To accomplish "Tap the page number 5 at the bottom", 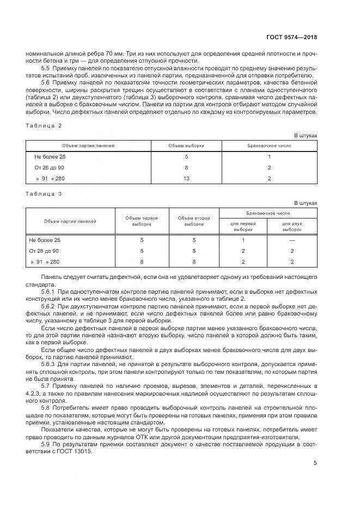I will pyautogui.click(x=315, y=463).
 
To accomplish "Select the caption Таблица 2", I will pyautogui.click(x=45, y=125).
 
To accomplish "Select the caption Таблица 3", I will pyautogui.click(x=45, y=193).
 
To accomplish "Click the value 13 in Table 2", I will pyautogui.click(x=186, y=178).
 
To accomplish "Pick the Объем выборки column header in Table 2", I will pyautogui.click(x=186, y=146).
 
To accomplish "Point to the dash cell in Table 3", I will pyautogui.click(x=292, y=240).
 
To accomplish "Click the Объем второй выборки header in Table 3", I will pyautogui.click(x=194, y=221).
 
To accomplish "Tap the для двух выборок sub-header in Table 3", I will pyautogui.click(x=292, y=226).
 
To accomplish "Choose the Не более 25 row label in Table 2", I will pyautogui.click(x=50, y=157).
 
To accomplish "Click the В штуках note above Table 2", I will pyautogui.click(x=305, y=136).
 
